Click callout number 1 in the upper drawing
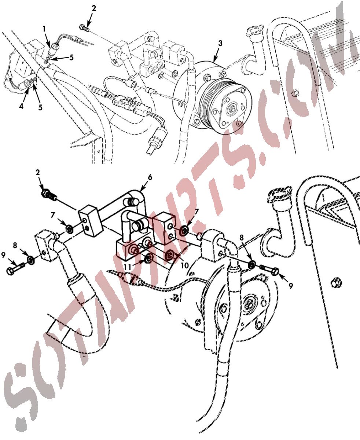click(44, 29)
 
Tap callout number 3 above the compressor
click(220, 43)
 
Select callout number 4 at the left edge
click(21, 106)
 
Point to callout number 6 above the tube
click(150, 177)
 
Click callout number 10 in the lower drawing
click(185, 265)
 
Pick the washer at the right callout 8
click(252, 265)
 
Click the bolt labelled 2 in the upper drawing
click(84, 28)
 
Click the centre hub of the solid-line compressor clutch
click(232, 108)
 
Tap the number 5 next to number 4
click(40, 107)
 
